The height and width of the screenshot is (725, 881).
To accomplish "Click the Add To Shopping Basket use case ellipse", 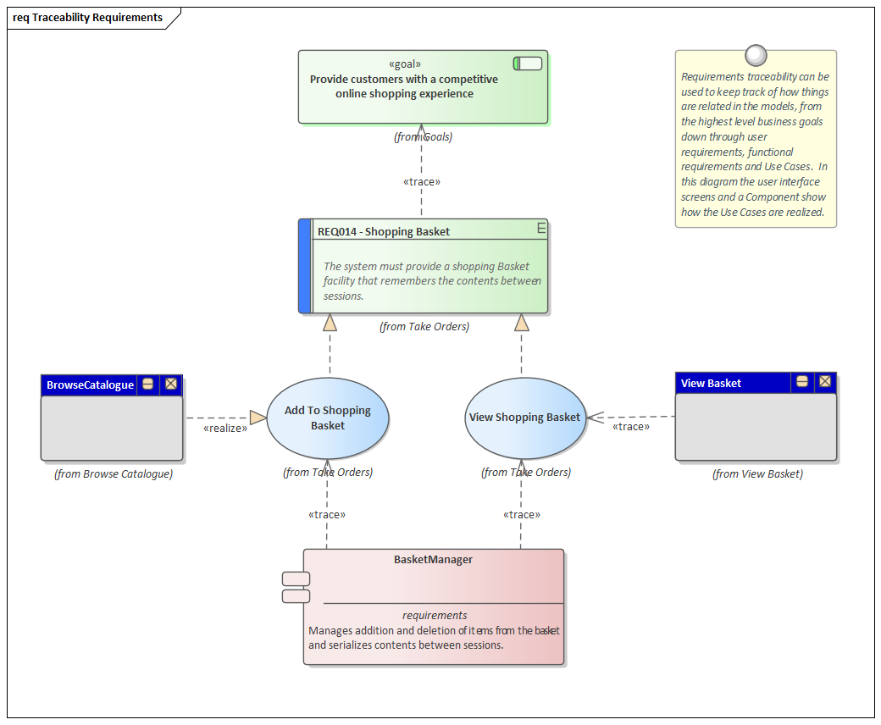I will [327, 418].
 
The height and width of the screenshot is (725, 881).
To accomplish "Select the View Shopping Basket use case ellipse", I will [525, 418].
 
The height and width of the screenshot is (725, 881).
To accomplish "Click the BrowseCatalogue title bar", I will [90, 385].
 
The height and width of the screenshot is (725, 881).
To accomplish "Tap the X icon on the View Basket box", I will [824, 382].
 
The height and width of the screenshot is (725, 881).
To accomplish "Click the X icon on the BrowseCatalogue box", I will [171, 384].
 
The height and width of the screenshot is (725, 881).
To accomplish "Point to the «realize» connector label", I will [225, 429].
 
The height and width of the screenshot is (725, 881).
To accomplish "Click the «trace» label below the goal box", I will [421, 181].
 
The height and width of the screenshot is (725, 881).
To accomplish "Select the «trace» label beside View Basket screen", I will [630, 427].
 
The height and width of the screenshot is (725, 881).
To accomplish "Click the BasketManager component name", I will [433, 559].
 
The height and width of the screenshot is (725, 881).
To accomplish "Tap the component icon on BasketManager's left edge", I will [296, 588].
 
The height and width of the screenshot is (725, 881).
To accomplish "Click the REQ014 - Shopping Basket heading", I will [384, 231].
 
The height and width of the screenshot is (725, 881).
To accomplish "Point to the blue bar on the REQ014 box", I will [305, 266].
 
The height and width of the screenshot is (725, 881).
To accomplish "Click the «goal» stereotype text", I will [404, 64].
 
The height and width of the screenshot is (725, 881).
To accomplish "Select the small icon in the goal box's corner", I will [528, 64].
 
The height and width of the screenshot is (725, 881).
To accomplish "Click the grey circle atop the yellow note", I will [756, 55].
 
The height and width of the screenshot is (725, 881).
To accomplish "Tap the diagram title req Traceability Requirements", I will [88, 17].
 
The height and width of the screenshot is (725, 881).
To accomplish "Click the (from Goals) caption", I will [423, 136].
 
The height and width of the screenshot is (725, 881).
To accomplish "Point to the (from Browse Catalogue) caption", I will [113, 474].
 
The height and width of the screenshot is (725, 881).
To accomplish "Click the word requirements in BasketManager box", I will [435, 616].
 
